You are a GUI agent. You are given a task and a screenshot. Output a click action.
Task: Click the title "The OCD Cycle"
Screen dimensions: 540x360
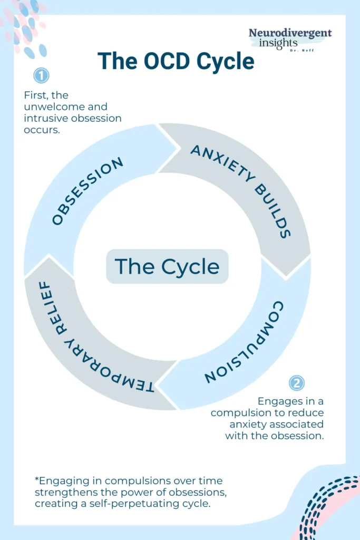click(176, 62)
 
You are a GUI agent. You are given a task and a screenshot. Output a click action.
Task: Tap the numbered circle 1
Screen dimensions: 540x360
click(41, 75)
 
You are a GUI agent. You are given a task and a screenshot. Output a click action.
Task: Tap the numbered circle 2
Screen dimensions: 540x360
click(297, 383)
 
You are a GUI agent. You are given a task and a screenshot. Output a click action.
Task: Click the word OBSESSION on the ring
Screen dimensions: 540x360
click(88, 191)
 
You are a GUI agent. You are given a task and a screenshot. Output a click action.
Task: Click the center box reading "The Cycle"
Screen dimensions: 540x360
click(167, 266)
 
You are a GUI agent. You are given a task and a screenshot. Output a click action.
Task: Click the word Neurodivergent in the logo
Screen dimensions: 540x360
click(290, 33)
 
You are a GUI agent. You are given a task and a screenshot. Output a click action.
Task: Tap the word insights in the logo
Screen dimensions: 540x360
click(278, 43)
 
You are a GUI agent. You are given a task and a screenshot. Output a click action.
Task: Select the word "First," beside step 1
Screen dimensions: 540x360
click(35, 95)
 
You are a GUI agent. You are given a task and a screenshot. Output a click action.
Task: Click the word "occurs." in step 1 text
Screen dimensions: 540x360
click(42, 130)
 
